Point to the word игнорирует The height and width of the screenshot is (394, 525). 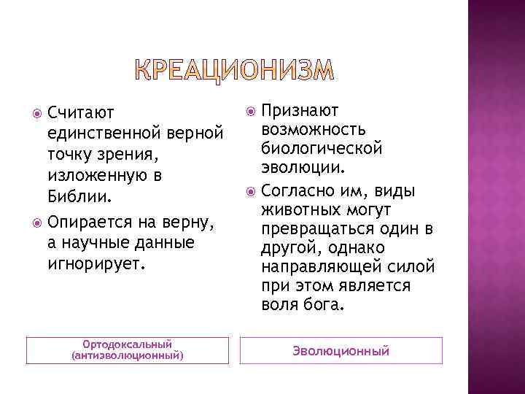point(96,262)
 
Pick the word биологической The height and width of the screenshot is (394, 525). point(322,148)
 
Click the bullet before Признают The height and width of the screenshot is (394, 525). point(251,111)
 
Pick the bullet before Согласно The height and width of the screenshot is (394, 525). point(251,191)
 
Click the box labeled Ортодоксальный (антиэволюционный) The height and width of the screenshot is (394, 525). point(128,350)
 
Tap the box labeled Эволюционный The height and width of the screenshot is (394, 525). point(341,351)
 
